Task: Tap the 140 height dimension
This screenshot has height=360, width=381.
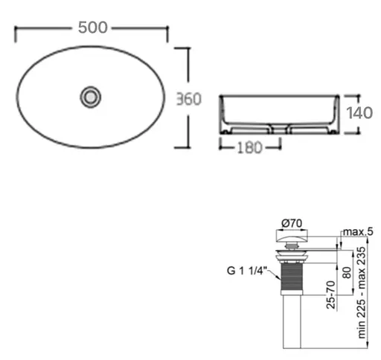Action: [x=359, y=114]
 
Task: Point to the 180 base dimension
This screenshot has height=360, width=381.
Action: [x=250, y=147]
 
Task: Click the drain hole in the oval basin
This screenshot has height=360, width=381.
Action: [x=92, y=96]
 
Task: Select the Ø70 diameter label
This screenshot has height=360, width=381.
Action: [x=292, y=222]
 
